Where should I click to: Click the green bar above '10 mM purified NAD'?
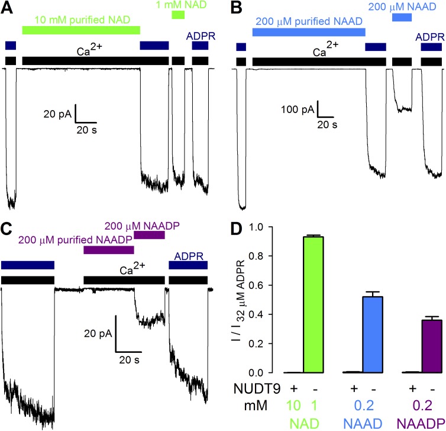(x=80, y=30)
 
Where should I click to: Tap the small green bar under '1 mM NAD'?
(x=177, y=15)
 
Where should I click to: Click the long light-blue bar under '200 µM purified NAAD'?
(x=309, y=32)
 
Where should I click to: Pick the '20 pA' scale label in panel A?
(x=57, y=114)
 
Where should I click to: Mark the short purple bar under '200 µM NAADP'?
(x=149, y=236)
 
